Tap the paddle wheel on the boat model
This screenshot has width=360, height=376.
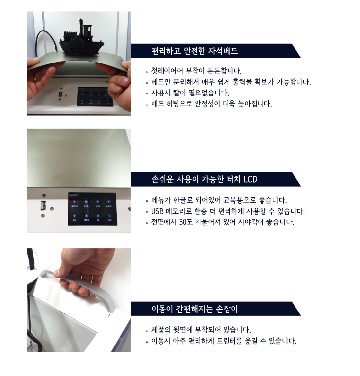coord(76,46)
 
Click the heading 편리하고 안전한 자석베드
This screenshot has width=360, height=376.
coord(195,51)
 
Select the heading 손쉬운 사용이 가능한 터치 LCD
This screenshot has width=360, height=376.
coord(204,179)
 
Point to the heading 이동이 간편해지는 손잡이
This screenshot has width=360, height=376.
coord(195,309)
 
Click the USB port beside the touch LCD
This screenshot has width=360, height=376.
coord(43,206)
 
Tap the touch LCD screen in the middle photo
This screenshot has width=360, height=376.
coord(93,209)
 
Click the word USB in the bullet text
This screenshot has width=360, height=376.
coord(157,211)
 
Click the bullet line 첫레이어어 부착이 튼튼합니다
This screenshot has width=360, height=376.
coord(196,71)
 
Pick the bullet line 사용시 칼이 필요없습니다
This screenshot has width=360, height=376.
coord(190,93)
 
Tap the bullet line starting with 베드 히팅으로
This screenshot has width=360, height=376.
coord(211,104)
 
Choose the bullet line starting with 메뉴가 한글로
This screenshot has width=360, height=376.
coord(219,200)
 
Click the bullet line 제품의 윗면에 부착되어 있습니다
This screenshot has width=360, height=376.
coord(200,330)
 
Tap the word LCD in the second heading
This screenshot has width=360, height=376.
coord(250,179)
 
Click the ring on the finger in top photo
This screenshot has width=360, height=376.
coord(35,78)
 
